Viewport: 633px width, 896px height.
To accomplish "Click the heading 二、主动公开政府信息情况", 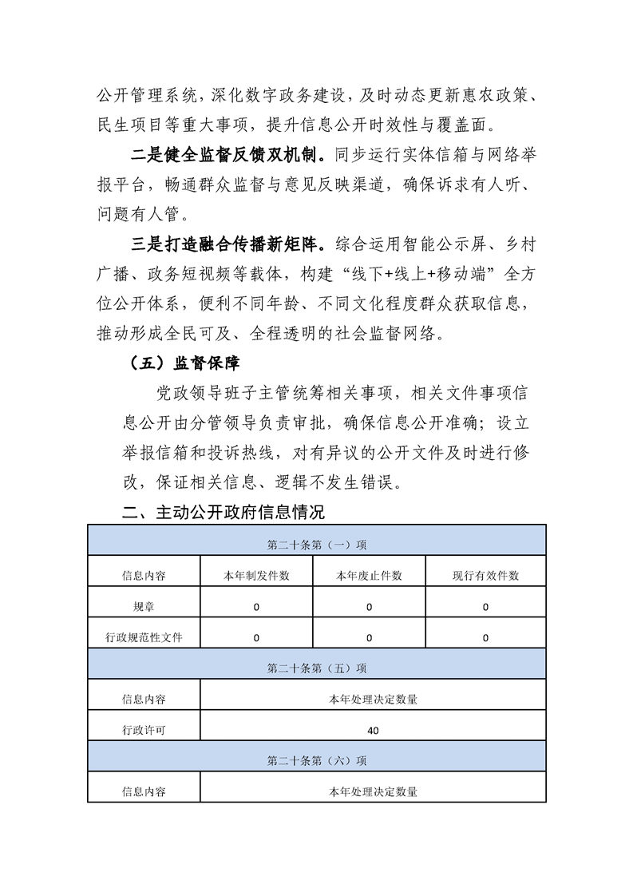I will pos(224,511).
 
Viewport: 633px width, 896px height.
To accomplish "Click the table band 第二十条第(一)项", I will pos(317,545).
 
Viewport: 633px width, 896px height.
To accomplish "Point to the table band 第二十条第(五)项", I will pos(317,668).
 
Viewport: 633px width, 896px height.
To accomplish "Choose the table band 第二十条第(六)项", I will pos(317,760).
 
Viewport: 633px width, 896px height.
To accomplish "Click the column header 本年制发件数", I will pos(256,576).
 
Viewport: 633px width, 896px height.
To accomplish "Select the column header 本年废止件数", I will pos(369,576).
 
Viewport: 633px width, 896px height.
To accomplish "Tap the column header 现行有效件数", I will pos(485,576).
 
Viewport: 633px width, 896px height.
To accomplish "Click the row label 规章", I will pos(144,607).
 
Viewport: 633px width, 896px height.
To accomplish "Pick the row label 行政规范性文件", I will pos(144,637).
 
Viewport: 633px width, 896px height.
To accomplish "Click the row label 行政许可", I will pos(144,730).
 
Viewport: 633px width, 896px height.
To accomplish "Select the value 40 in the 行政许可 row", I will pos(374,730).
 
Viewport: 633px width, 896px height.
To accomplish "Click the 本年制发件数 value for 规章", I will pos(256,607).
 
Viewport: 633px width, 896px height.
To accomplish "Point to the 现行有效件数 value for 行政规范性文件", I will pos(485,637).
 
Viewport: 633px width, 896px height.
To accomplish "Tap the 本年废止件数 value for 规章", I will pos(369,607).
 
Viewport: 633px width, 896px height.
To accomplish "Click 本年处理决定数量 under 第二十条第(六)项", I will pos(374,791).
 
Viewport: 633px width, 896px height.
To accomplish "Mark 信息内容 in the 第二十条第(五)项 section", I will pos(144,700).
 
